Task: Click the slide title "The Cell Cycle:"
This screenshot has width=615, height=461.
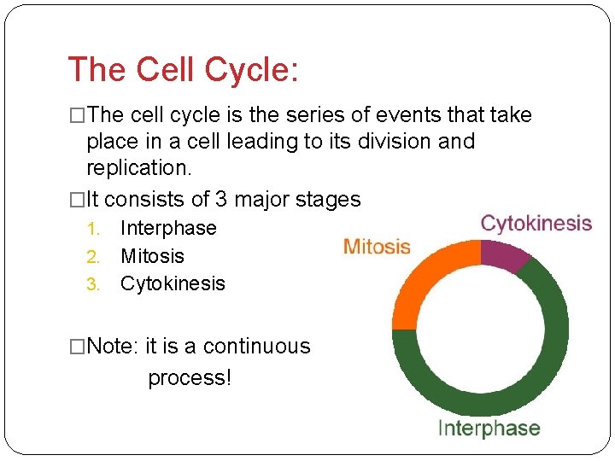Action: point(183,70)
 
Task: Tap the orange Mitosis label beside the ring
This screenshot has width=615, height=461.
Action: point(377,248)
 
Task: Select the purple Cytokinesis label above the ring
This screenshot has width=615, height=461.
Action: point(536,224)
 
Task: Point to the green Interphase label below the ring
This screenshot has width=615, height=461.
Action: point(489,429)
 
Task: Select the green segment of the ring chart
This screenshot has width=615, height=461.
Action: point(512,384)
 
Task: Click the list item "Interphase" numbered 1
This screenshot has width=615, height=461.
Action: point(168,229)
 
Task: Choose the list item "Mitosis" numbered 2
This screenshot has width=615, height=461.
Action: point(152,256)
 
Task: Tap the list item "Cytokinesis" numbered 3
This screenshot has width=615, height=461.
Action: point(173,283)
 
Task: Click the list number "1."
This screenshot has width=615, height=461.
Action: point(96,229)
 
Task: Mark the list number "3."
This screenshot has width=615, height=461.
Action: point(96,283)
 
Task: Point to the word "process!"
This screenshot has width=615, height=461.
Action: point(190,377)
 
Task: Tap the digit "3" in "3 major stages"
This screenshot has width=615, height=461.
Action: point(220,200)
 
